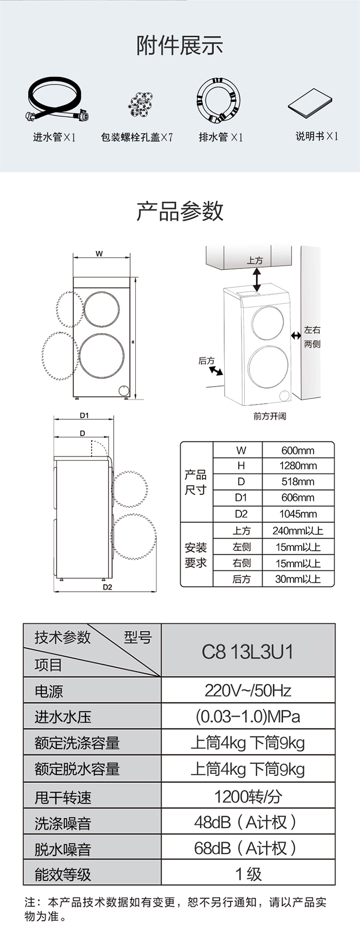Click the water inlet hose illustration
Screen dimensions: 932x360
point(55,102)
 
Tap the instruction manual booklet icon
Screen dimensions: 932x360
point(310,103)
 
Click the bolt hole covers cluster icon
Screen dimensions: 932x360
point(140,103)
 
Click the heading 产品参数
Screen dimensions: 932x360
point(180,211)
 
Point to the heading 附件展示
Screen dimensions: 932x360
point(180,46)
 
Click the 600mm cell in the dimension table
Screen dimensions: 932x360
point(298,450)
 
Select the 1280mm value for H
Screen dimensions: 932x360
point(298,466)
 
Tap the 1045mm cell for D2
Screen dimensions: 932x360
point(298,514)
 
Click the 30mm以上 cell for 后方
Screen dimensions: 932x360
point(298,579)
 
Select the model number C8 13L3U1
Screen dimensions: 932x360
point(248,652)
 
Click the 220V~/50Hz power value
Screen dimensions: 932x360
point(248,690)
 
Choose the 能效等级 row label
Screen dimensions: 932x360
point(63,874)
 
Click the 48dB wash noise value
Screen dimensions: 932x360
point(248,823)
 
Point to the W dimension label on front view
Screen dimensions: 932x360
point(99,254)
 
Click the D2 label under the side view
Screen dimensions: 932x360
point(107,587)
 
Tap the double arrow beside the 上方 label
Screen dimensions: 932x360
point(257,279)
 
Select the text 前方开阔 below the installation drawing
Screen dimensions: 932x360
point(270,416)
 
